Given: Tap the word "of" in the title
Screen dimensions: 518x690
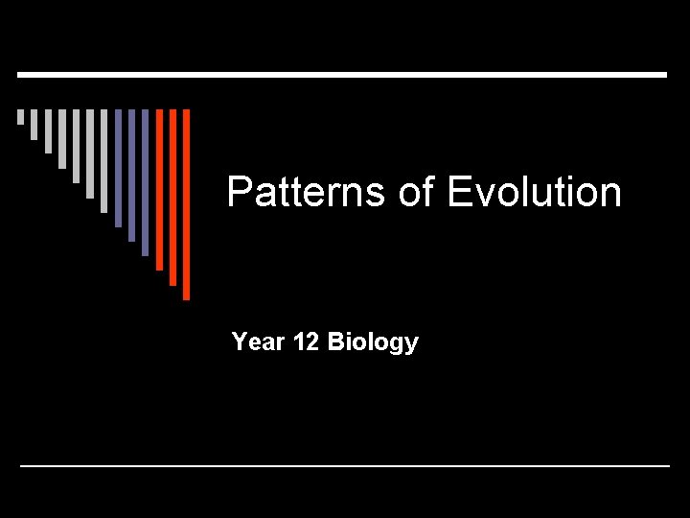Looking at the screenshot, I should (x=416, y=192).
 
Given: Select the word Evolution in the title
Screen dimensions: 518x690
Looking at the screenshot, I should (x=534, y=192).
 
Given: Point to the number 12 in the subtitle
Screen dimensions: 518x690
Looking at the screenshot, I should (x=307, y=342).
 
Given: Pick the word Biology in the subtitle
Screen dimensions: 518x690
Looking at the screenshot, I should (x=373, y=342).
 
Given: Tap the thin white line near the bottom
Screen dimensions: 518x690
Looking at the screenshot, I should (x=345, y=465).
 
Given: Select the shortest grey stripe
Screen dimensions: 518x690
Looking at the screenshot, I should (x=20, y=117).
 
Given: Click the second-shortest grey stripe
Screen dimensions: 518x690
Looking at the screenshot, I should (x=34, y=124).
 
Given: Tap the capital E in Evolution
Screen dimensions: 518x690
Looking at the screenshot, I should (x=458, y=192).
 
